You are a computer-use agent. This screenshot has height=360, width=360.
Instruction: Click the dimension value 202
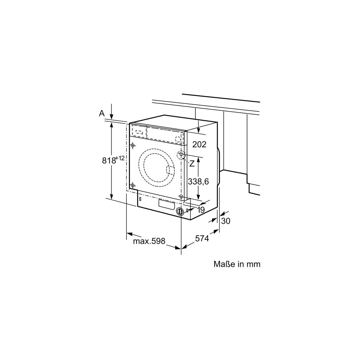coord(199,144)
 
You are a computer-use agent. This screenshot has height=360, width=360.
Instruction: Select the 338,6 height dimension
coord(198,181)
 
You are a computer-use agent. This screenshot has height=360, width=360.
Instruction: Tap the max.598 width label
coord(149,241)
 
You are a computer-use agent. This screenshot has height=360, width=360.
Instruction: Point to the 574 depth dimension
coord(202,238)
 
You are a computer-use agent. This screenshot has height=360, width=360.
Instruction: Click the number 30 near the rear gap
coord(226,221)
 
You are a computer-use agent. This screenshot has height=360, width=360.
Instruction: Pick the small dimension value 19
coord(201,210)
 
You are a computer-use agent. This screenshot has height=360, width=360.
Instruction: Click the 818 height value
coord(109,160)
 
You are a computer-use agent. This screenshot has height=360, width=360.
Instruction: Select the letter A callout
coord(102,113)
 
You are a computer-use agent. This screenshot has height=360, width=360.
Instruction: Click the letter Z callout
coord(192,164)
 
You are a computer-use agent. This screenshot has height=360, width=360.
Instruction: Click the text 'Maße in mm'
coord(237,264)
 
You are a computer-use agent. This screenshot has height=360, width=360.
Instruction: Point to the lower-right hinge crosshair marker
coord(181,196)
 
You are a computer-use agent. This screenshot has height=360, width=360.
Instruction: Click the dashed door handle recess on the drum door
coord(170,170)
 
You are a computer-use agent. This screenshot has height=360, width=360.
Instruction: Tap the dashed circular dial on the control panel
coord(178,139)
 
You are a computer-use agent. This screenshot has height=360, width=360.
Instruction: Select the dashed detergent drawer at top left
coord(139,132)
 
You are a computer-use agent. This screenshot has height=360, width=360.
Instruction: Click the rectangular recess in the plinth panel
coord(167,205)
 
